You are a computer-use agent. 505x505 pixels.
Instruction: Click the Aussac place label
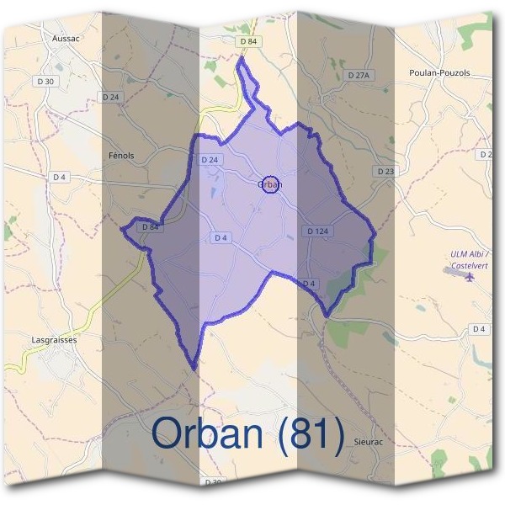[x=65, y=39]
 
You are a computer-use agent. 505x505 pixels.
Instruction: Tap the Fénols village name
[x=121, y=156]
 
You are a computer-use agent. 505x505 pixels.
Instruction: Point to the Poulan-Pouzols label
[x=438, y=73]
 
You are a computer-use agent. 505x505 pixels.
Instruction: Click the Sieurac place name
[x=369, y=440]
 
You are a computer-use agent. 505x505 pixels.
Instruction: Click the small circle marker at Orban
[x=269, y=184]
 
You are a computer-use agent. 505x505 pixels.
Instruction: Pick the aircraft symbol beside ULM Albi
[x=469, y=274]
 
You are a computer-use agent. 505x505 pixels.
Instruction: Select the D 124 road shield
[x=317, y=231]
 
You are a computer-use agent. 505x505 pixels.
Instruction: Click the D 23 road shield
[x=385, y=172]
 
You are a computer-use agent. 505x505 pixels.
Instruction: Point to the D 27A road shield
[x=359, y=76]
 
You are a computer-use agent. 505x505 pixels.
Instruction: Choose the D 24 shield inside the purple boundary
[x=210, y=160]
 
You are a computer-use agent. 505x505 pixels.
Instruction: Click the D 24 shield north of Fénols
[x=111, y=98]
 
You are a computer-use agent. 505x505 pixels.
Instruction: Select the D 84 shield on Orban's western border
[x=150, y=226]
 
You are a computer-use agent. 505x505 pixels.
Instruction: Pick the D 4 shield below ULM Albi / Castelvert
[x=479, y=328]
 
